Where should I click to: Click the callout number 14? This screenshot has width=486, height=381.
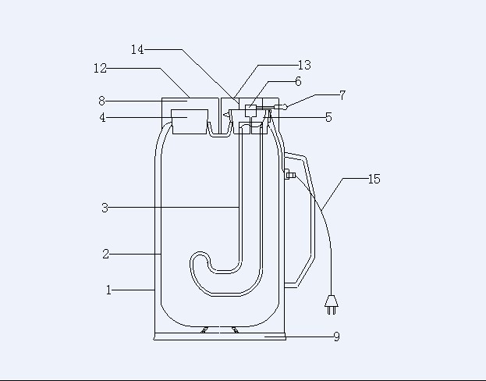pos(137,50)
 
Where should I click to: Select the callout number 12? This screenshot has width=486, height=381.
pos(100,68)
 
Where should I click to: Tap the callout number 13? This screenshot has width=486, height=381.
pos(304,65)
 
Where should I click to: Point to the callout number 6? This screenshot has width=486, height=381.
pos(298,82)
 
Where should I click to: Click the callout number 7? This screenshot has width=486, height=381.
pos(342,95)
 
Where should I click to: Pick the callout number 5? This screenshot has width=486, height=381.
pos(329,118)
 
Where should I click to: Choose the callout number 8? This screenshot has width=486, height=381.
pos(102,101)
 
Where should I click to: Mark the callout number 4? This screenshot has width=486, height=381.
pos(103,118)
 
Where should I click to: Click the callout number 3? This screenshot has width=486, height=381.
pos(105,208)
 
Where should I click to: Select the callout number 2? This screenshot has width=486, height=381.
pos(105,255)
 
